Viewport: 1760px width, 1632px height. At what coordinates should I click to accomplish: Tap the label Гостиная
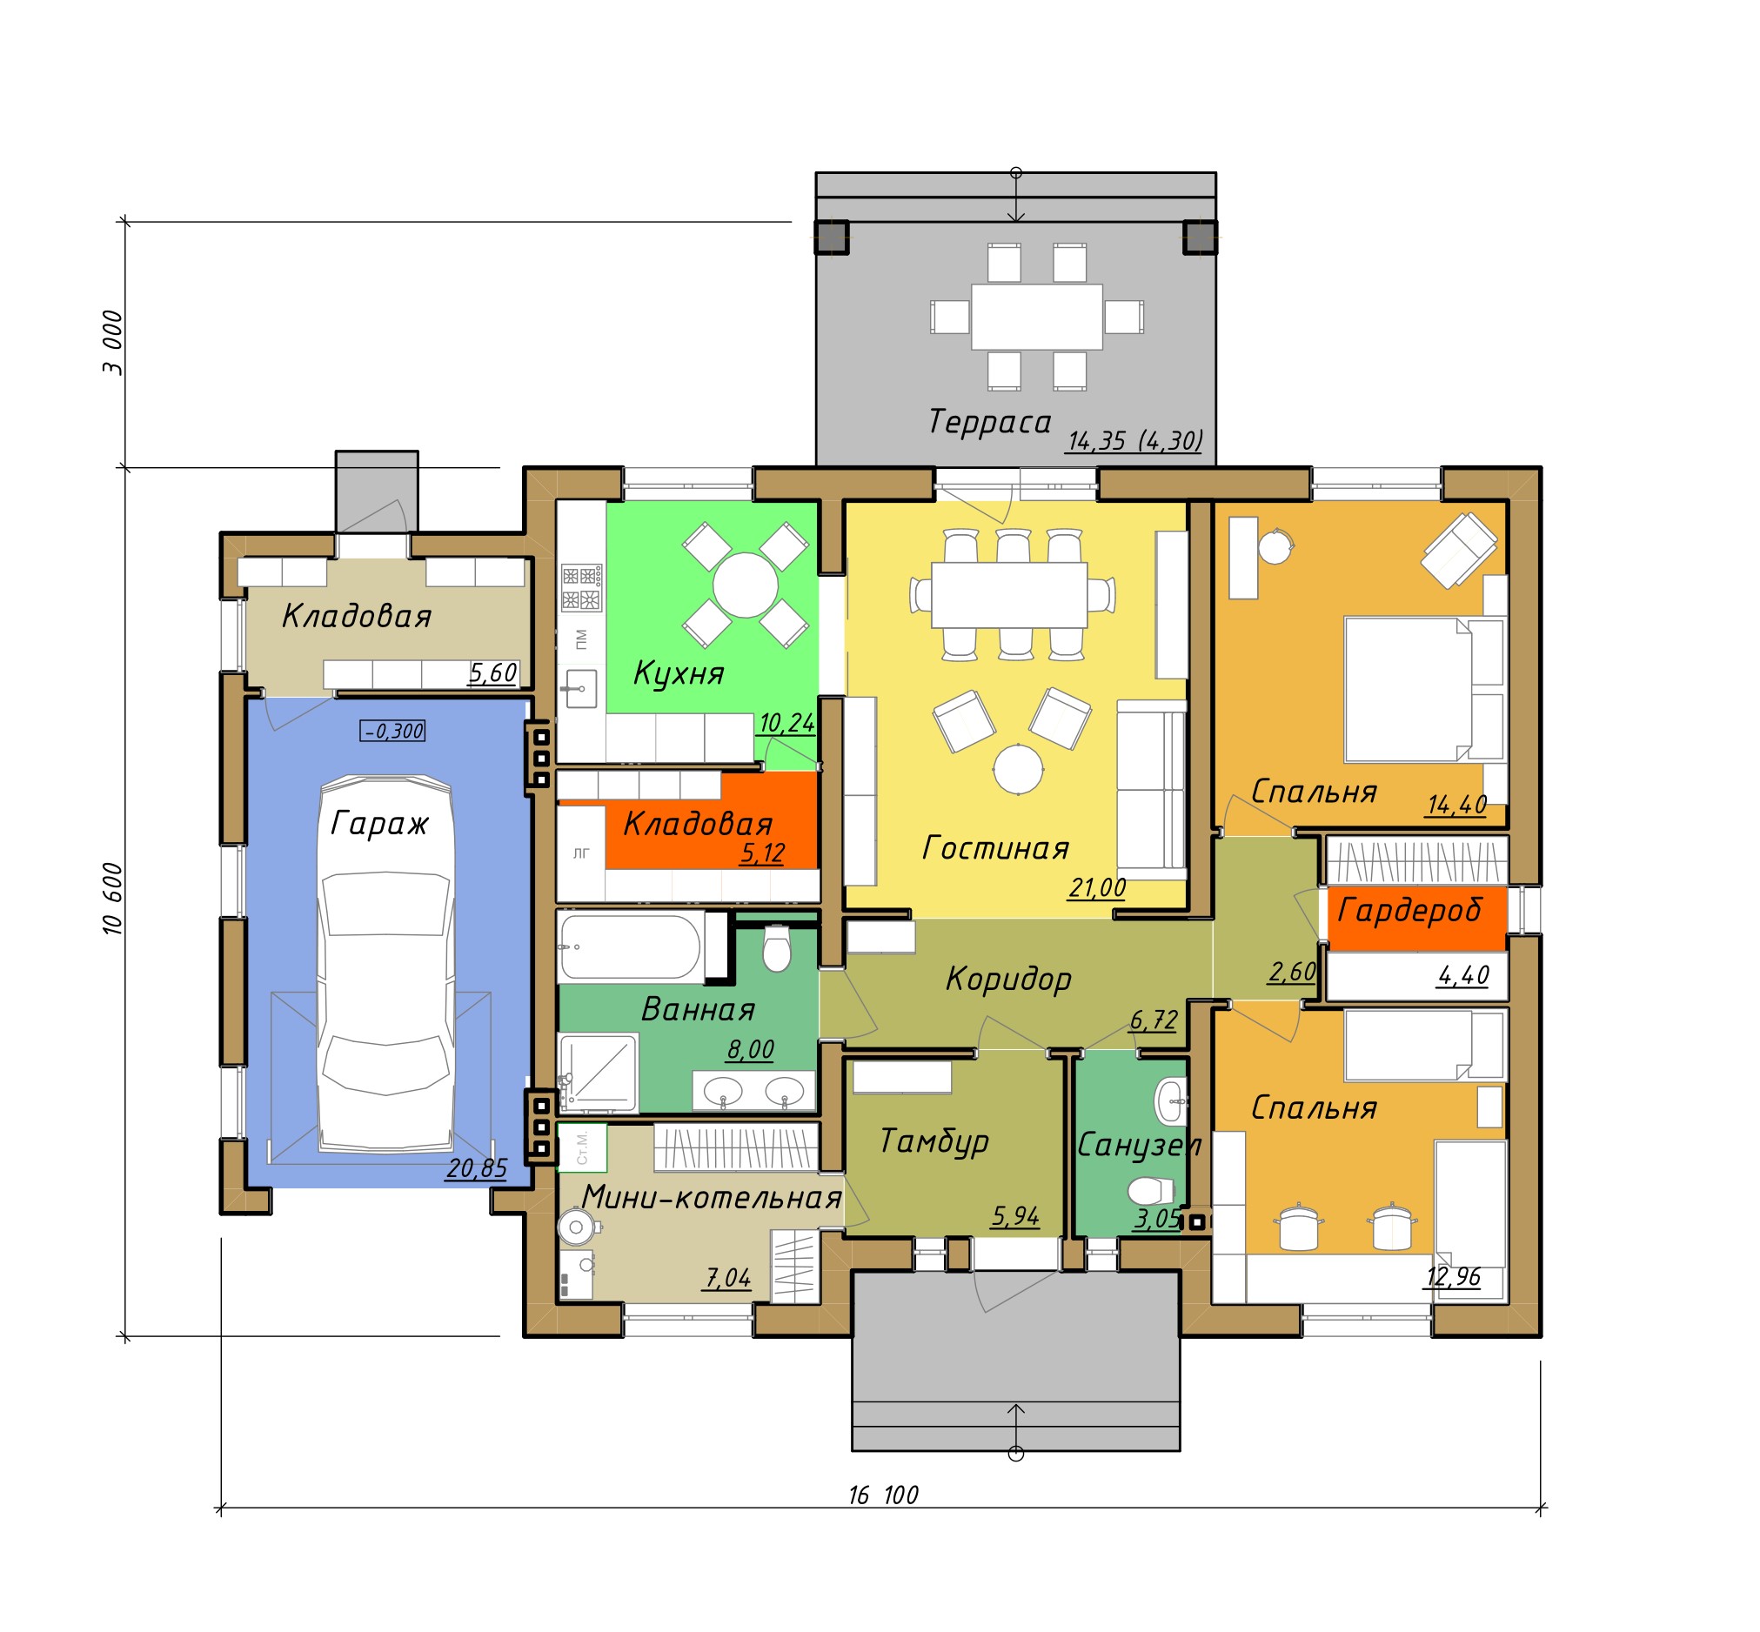pyautogui.click(x=995, y=849)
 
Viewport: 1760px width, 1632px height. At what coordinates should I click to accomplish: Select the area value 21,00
pyautogui.click(x=1097, y=887)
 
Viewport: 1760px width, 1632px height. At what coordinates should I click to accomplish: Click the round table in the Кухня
pyautogui.click(x=745, y=585)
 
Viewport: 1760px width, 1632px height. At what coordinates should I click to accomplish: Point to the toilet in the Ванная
pyautogui.click(x=776, y=946)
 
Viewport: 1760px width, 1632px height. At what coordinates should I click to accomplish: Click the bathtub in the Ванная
pyautogui.click(x=631, y=946)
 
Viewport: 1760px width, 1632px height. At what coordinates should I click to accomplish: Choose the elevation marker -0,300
pyautogui.click(x=393, y=732)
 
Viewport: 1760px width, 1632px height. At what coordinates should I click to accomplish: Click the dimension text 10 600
pyautogui.click(x=113, y=898)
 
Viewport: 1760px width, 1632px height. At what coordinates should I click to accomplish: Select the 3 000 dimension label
pyautogui.click(x=113, y=343)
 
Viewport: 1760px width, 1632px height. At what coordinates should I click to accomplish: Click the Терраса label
pyautogui.click(x=989, y=422)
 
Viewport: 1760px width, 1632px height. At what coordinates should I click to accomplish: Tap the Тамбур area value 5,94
pyautogui.click(x=1014, y=1217)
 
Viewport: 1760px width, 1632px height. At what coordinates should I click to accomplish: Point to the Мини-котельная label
pyautogui.click(x=711, y=1198)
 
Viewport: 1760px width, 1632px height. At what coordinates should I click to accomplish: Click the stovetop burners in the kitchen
pyautogui.click(x=581, y=588)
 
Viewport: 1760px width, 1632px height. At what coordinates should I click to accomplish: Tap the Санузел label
pyautogui.click(x=1139, y=1146)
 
